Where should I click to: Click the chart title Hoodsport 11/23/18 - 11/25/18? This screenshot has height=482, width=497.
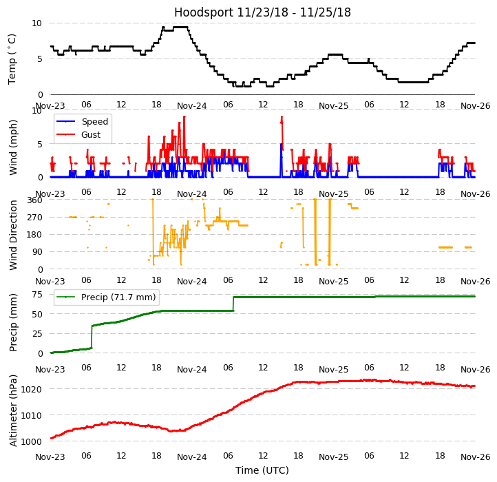tap(262, 12)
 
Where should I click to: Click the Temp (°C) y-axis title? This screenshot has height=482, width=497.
tap(12, 59)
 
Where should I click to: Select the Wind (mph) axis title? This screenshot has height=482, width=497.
tap(13, 147)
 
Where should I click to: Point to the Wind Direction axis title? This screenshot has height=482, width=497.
tap(13, 235)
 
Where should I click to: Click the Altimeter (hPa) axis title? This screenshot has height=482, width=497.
tap(13, 410)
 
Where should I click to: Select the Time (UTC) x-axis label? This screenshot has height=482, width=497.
tap(262, 470)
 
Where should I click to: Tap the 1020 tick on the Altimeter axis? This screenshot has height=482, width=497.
tap(32, 389)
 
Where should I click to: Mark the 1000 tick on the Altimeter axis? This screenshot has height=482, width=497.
tap(32, 441)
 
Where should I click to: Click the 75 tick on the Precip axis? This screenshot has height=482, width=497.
tap(37, 294)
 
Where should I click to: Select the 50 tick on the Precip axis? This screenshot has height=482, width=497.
tap(37, 314)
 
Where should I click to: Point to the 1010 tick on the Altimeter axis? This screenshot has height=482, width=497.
tap(32, 415)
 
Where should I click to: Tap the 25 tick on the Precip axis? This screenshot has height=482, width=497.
tap(37, 334)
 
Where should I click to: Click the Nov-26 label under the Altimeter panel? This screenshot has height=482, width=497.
tap(475, 457)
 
